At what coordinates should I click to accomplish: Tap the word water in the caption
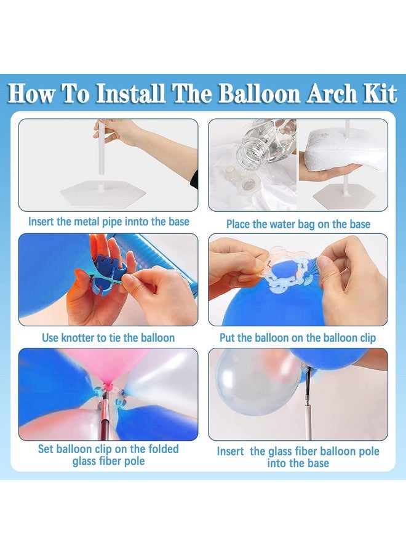[x=274, y=223]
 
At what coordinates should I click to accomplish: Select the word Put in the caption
[x=228, y=337]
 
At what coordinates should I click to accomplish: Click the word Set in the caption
[x=46, y=449]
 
